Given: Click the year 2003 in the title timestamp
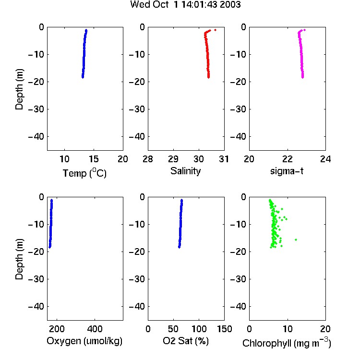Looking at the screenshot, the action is (x=230, y=5).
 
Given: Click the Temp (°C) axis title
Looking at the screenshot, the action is (x=84, y=173).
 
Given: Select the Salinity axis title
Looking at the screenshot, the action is (x=185, y=171).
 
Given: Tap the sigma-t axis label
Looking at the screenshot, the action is (x=287, y=171).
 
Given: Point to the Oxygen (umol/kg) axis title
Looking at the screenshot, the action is (x=84, y=341).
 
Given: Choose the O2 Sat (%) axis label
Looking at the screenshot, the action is (x=186, y=341).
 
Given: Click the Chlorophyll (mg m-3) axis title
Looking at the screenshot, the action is (x=287, y=343).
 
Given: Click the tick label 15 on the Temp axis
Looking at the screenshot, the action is (x=94, y=159).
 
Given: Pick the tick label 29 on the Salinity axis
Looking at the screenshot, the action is (x=173, y=159).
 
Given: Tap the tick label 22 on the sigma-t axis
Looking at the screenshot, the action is (x=288, y=159).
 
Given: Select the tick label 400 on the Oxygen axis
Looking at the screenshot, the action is (x=95, y=329).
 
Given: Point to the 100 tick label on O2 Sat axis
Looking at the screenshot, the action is (x=199, y=329).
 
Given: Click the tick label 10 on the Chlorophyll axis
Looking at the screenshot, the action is (x=288, y=329).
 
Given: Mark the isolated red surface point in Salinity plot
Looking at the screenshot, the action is (x=215, y=30).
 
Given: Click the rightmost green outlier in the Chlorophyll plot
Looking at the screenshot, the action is (x=296, y=240).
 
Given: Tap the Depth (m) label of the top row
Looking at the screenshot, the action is (x=19, y=89).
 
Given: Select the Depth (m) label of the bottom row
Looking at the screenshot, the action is (x=19, y=259).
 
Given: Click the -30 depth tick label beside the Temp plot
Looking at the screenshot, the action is (x=36, y=109).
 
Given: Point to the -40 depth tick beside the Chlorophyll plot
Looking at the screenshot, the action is (x=238, y=307).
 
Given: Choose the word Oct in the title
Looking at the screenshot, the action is (x=160, y=5).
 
